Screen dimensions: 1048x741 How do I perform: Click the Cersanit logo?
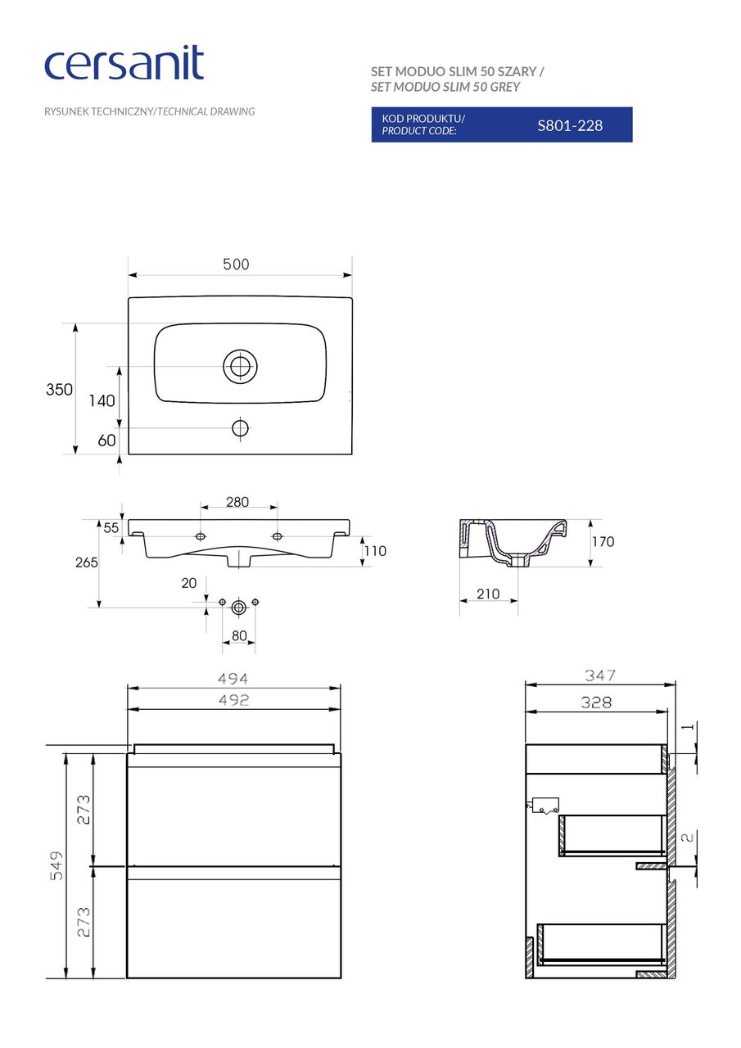click(124, 64)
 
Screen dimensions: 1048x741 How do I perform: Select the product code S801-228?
click(570, 125)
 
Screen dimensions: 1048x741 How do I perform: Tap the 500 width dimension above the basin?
click(236, 264)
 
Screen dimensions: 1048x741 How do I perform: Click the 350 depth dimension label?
click(59, 390)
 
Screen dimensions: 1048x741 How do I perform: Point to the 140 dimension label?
click(102, 401)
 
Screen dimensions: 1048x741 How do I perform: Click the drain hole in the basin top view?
click(240, 366)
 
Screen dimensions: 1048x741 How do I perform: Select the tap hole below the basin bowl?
click(240, 427)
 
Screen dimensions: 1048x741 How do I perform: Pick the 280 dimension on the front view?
click(237, 502)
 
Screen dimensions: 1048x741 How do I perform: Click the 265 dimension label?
click(86, 562)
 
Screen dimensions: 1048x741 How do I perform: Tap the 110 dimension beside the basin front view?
click(375, 551)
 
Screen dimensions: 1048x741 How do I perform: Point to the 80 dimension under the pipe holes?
click(239, 635)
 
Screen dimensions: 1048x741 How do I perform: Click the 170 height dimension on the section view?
click(603, 542)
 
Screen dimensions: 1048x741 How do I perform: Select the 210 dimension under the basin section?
click(488, 594)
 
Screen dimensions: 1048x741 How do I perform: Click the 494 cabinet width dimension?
click(233, 679)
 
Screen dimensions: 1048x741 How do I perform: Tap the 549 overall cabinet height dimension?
click(55, 866)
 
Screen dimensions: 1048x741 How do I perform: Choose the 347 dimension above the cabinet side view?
click(599, 676)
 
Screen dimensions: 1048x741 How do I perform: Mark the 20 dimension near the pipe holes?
click(189, 583)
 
